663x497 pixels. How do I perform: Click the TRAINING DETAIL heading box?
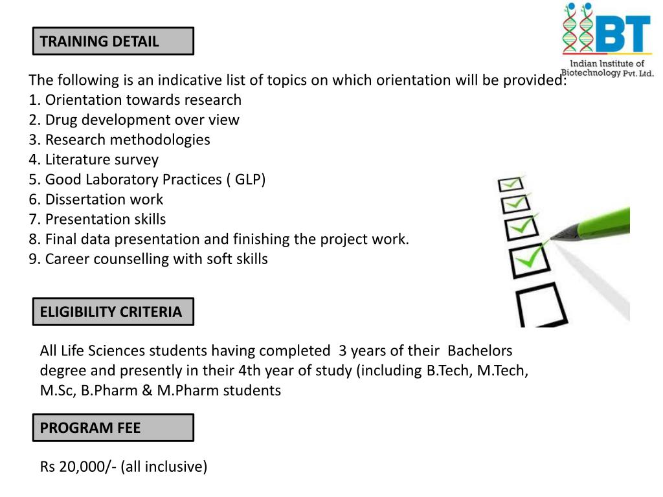pyautogui.click(x=113, y=41)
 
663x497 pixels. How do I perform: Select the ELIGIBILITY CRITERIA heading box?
pyautogui.click(x=113, y=312)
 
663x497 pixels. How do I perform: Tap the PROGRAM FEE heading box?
pyautogui.click(x=113, y=428)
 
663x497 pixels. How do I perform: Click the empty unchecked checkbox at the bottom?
pyautogui.click(x=541, y=307)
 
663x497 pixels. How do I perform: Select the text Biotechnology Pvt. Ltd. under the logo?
pyautogui.click(x=607, y=73)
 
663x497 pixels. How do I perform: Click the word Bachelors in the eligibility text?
pyautogui.click(x=480, y=351)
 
